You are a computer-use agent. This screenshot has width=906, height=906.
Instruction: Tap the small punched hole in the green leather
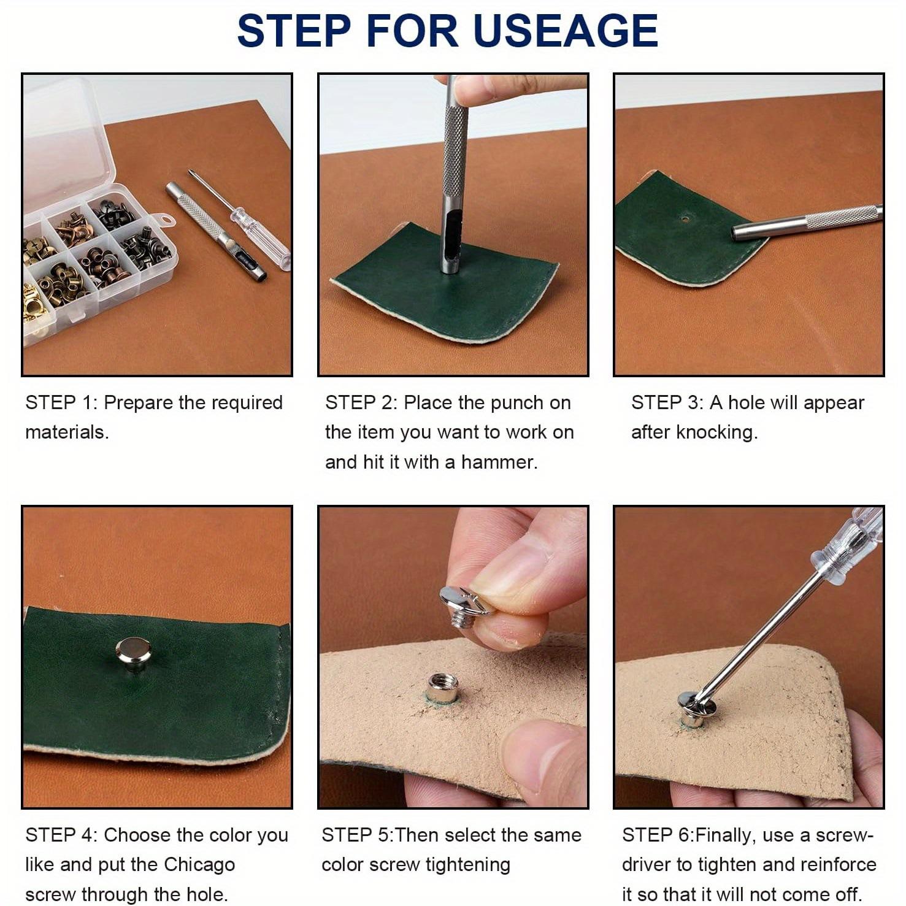685,218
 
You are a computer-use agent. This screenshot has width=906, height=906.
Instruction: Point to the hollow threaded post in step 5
442,688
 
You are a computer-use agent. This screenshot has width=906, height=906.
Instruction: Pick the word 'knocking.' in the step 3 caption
716,432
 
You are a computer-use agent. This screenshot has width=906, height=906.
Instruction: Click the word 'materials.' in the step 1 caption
67,432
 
